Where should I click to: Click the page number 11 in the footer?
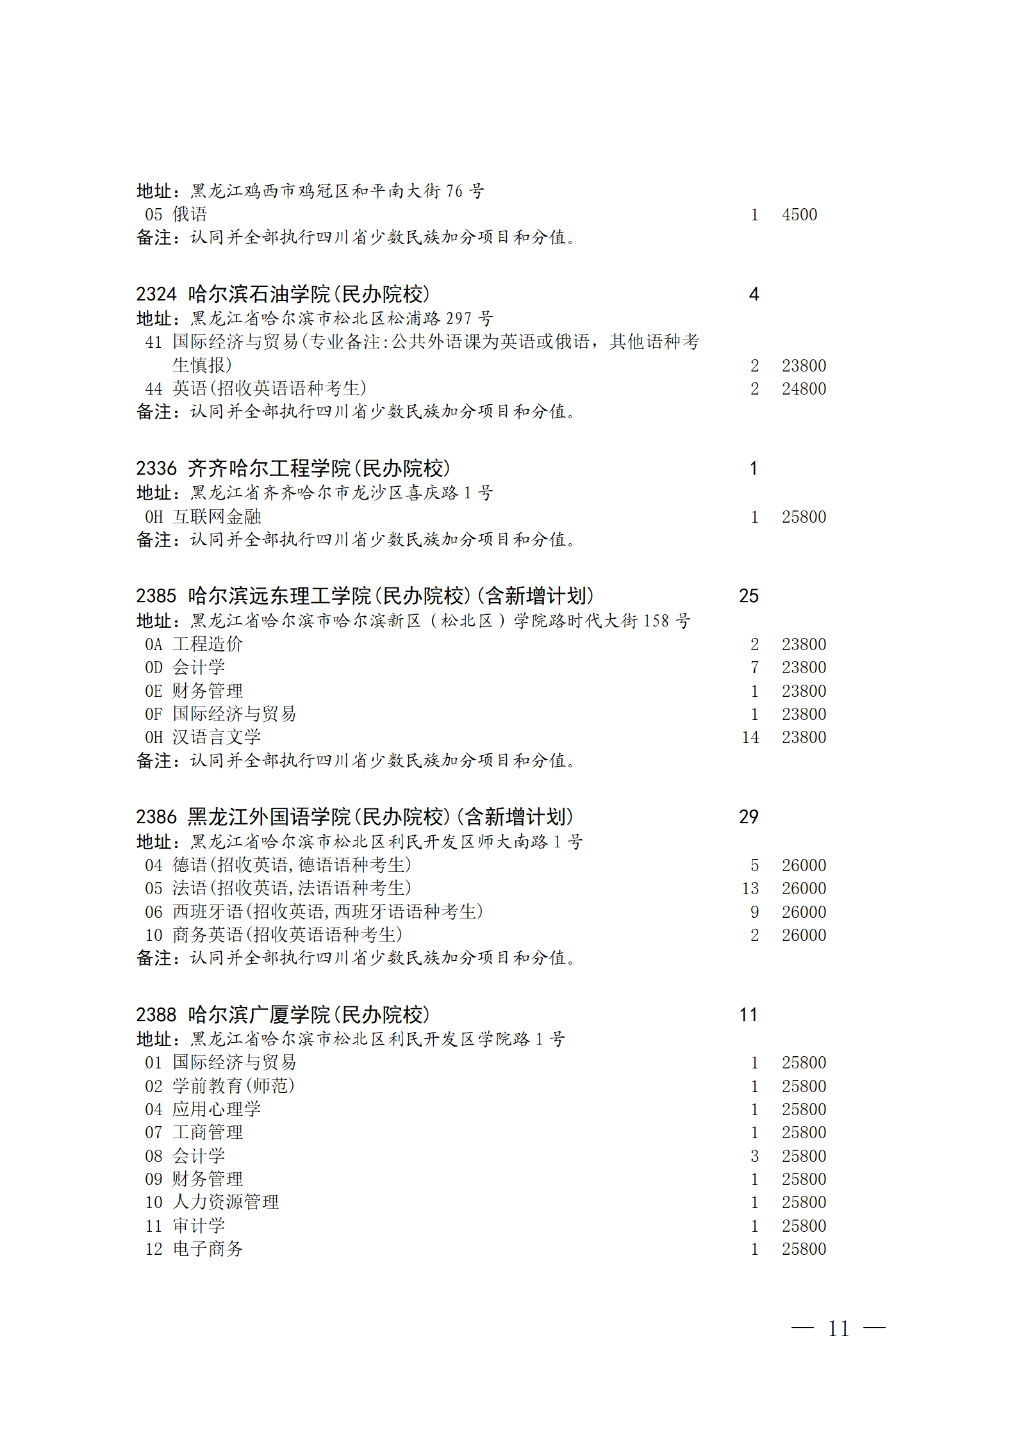(838, 1329)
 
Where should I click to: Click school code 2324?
(156, 294)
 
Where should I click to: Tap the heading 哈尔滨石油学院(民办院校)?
(308, 294)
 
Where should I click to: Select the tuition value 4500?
(799, 215)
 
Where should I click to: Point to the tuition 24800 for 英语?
(804, 389)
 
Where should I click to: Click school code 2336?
(156, 468)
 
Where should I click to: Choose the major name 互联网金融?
(217, 517)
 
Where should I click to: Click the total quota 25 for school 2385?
(748, 596)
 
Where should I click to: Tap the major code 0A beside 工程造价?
(154, 644)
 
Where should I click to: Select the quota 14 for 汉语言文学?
(750, 737)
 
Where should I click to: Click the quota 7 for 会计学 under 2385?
(755, 667)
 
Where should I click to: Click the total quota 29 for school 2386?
(748, 817)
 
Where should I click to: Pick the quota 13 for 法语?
(750, 888)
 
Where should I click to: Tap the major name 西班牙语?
(208, 911)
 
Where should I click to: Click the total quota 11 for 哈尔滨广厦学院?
(748, 1015)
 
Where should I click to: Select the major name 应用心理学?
(217, 1109)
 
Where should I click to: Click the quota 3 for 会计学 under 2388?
(755, 1156)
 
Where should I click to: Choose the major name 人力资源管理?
(226, 1202)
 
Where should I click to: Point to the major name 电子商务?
(208, 1249)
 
